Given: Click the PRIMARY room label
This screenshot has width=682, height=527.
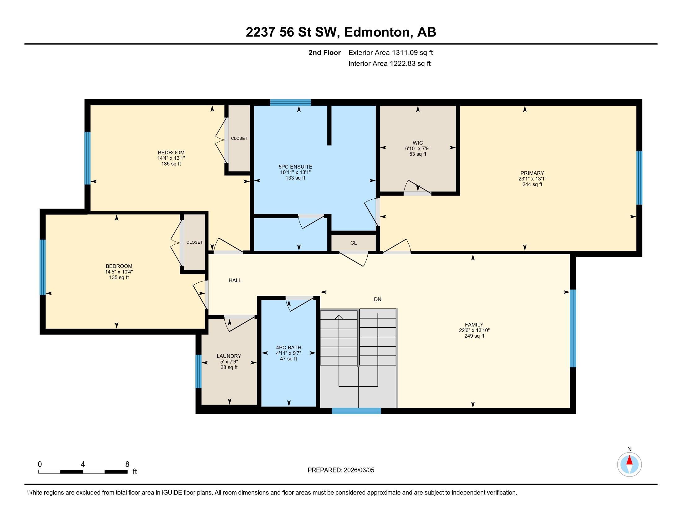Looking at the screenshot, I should tap(532, 173).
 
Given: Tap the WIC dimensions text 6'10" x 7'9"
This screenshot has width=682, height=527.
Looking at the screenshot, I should tap(418, 148).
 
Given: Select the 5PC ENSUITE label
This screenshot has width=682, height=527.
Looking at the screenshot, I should tap(295, 167).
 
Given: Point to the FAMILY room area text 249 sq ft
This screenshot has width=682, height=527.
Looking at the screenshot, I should tap(474, 336).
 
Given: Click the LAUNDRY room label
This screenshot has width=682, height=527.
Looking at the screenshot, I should tap(229, 356).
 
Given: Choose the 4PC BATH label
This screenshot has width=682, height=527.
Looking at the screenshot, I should tap(289, 348).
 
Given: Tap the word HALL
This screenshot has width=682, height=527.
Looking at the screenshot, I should tap(235, 280).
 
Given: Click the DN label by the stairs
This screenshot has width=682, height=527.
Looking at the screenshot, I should tap(378, 299).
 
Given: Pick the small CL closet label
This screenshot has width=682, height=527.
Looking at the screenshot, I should tap(353, 243).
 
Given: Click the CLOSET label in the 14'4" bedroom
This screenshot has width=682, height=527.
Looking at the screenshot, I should tap(239, 138).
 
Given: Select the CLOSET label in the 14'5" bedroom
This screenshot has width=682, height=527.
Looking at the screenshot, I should tap(194, 242).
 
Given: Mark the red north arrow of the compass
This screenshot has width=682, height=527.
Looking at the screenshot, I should tap(629, 460).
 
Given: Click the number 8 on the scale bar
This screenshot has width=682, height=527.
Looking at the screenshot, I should tap(127, 464).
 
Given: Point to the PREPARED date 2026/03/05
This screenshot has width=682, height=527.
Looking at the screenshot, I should tap(358, 470).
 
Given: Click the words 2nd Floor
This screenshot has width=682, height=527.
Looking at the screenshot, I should tap(325, 53).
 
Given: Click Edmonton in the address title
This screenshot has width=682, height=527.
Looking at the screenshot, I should tap(377, 32).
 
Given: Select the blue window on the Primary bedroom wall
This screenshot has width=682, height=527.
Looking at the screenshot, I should tap(639, 178).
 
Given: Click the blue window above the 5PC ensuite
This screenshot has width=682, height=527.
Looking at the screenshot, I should tap(290, 102).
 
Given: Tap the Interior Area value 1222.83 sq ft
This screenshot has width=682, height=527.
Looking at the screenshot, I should tap(410, 64).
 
